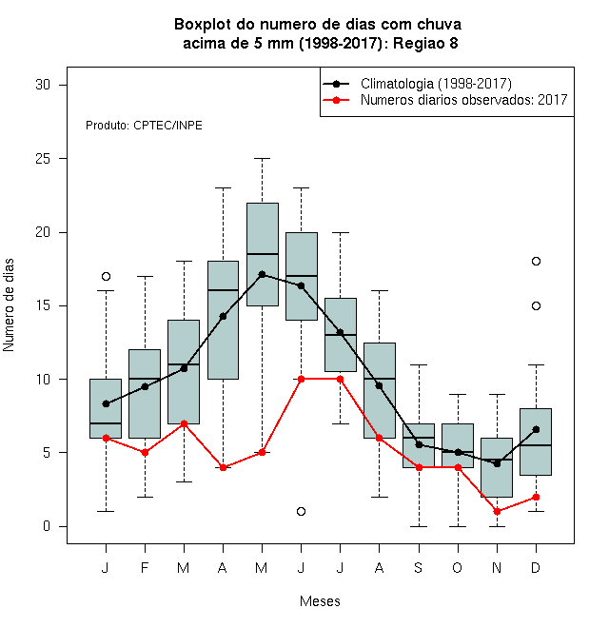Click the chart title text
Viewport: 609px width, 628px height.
[318, 33]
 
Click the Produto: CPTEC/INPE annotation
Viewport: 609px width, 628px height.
[144, 126]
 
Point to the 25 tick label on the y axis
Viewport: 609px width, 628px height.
[43, 159]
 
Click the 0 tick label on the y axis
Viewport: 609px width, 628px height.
[47, 526]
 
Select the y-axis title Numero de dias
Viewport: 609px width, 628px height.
[9, 305]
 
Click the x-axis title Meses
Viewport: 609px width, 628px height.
[320, 601]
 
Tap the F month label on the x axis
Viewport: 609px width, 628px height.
[145, 567]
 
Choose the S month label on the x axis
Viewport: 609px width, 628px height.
[419, 567]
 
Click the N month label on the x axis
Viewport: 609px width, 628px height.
[497, 567]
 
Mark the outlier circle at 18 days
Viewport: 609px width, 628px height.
[536, 261]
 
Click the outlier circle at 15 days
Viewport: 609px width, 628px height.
[536, 306]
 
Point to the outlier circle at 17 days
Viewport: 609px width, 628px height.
[106, 276]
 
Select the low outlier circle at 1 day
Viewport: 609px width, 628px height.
[302, 512]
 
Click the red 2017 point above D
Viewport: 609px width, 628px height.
[536, 497]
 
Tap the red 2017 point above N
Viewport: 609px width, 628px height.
[498, 512]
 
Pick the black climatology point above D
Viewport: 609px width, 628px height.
[536, 429]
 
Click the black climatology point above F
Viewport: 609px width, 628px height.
[145, 386]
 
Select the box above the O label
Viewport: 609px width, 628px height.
[458, 445]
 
